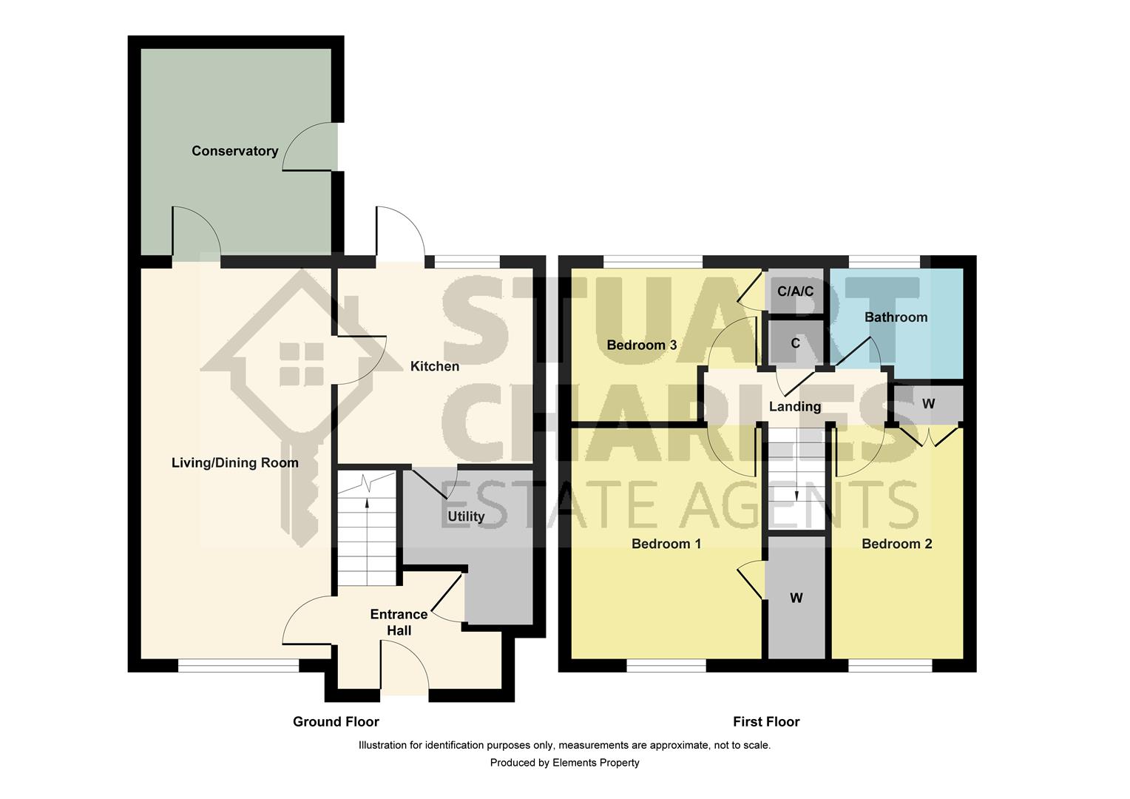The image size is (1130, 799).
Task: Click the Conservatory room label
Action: pos(234,151)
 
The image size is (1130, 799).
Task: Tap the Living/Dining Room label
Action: pos(234,463)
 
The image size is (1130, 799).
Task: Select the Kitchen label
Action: pos(434,366)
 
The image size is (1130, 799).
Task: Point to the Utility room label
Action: pos(466,516)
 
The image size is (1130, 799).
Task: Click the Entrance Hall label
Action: pos(399,622)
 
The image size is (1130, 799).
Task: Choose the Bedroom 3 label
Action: pos(641,345)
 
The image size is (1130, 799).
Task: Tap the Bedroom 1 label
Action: pos(666,544)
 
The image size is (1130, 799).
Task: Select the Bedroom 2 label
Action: pos(896,544)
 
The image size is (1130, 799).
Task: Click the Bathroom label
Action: pos(896,317)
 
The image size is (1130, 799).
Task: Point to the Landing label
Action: pos(794,406)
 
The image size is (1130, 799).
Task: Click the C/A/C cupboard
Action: pos(795,291)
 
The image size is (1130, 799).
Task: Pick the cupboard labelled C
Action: pos(795,343)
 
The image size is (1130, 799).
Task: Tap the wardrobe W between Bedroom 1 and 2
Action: pos(796,598)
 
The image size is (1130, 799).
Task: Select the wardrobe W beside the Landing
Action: pos(928,404)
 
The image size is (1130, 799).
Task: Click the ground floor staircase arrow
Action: pos(368,506)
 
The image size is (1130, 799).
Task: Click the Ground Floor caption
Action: pos(336,721)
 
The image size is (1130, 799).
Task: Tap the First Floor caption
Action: pos(766,721)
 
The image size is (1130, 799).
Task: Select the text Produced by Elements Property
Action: pos(564,763)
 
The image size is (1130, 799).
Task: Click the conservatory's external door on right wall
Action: pos(311,146)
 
